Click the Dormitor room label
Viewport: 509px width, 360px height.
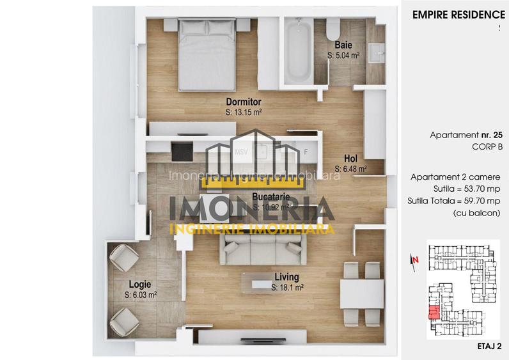(244, 102)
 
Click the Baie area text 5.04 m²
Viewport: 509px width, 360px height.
(343, 56)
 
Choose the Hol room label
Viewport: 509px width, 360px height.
(350, 160)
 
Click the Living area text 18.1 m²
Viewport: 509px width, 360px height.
(287, 288)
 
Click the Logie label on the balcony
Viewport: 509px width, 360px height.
(139, 285)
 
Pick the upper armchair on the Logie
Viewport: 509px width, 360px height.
(123, 259)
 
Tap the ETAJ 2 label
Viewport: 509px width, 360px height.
(489, 346)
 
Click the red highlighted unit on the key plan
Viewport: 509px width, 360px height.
(433, 313)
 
